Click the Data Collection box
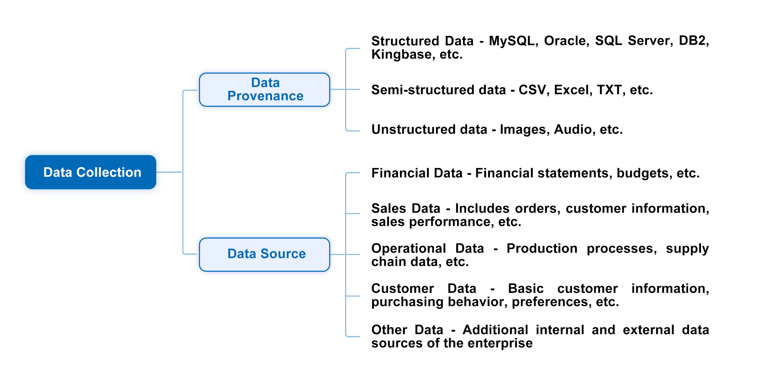pos(90,172)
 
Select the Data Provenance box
pos(264,90)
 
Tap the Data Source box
pos(264,254)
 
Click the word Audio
pos(573,129)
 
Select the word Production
pos(542,248)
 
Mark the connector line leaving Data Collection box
pos(169,172)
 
